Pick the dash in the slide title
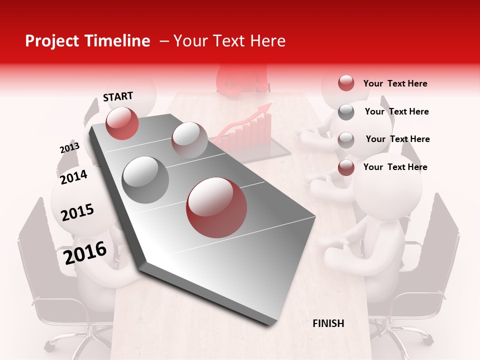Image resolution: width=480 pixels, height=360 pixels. (x=164, y=42)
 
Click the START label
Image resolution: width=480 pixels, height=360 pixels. (x=118, y=96)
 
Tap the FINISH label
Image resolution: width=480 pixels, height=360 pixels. (x=328, y=323)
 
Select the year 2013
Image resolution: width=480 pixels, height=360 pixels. (x=69, y=148)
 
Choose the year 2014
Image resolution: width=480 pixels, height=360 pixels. (x=73, y=177)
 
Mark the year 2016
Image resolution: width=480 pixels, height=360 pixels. (x=85, y=252)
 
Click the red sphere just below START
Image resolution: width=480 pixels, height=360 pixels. (x=122, y=123)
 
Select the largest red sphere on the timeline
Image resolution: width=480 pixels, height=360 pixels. (x=216, y=207)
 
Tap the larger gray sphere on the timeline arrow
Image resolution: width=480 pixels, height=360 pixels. (x=145, y=179)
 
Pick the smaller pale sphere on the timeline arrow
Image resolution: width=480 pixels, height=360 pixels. (x=189, y=139)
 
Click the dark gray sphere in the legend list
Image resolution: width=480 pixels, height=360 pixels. (x=346, y=112)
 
